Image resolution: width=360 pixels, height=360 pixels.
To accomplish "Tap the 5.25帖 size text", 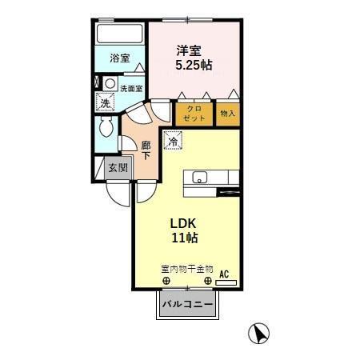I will tap(194, 63).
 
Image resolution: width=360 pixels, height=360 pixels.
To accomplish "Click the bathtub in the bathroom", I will tap(118, 35).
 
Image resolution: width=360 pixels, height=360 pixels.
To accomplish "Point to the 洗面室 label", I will tap(131, 88).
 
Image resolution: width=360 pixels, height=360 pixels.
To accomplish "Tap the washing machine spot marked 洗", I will tap(104, 102).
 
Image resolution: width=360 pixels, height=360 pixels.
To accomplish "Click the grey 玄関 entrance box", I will tap(118, 168).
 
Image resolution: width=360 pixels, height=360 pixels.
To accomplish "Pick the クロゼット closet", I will tap(194, 113).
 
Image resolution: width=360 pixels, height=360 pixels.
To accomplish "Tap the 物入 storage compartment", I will tap(228, 113).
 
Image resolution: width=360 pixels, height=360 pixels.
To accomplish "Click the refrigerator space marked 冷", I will tap(173, 142).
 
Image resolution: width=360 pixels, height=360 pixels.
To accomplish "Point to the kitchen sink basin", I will tap(200, 178).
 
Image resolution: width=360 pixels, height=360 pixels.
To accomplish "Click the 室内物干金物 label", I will tap(186, 270).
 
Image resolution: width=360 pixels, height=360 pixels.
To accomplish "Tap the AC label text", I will tap(224, 273).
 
